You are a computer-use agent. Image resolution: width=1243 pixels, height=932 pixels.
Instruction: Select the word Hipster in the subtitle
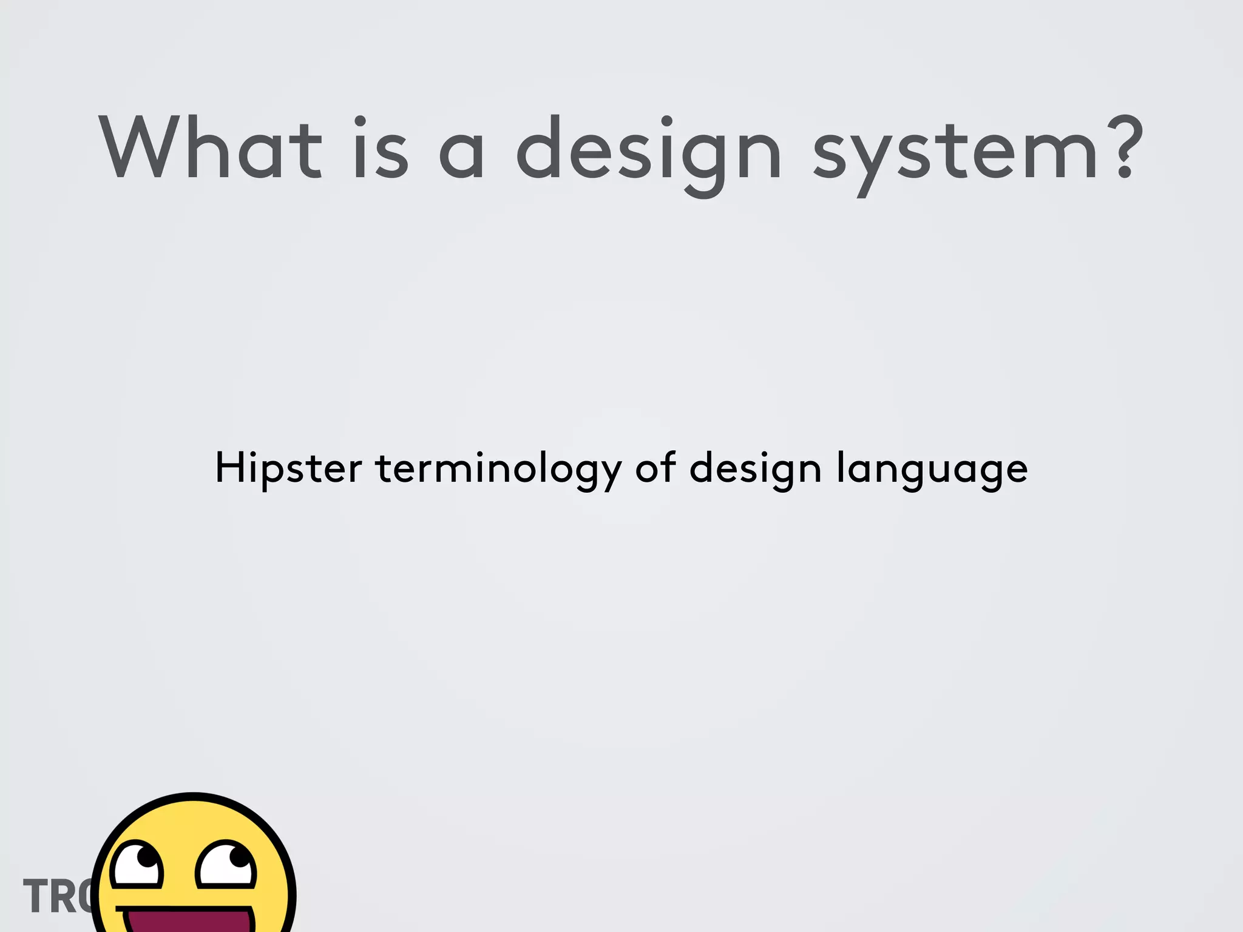point(288,468)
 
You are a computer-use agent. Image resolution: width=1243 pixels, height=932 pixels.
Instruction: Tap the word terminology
point(498,468)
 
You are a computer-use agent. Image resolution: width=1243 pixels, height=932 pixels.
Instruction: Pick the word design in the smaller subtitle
point(755,468)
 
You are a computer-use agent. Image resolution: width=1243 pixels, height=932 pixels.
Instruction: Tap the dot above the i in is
point(361,120)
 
